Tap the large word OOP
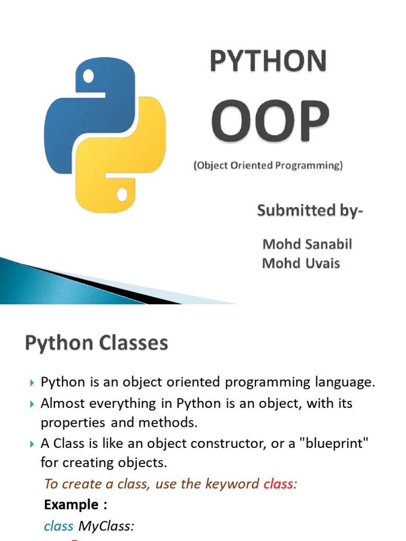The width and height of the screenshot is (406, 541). pos(270,123)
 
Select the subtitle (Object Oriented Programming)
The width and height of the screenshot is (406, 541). pos(267,165)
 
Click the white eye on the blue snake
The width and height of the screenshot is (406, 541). pos(89,78)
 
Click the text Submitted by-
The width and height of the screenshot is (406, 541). pos(310,211)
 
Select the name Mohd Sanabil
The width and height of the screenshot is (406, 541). pos(307,244)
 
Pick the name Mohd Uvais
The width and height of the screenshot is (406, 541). pos(300,263)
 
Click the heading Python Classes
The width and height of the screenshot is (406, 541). pos(96,344)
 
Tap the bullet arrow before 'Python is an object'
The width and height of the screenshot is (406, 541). pos(32,383)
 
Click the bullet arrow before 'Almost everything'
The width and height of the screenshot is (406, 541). pos(32,404)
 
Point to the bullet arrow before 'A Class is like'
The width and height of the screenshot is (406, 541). pos(32,444)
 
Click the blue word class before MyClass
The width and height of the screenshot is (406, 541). pos(58,526)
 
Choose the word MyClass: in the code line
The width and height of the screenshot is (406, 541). pos(106,526)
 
